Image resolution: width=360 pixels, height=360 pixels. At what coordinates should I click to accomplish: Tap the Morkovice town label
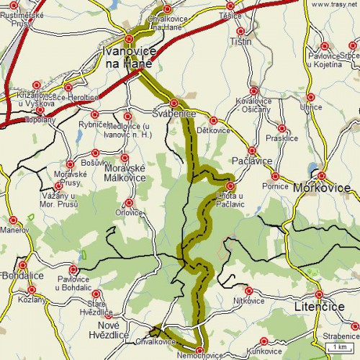(x=322, y=188)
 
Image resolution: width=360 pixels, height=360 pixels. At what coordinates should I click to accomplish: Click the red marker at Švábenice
(x=174, y=102)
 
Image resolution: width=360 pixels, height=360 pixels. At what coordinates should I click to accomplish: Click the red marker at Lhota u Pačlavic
(x=230, y=185)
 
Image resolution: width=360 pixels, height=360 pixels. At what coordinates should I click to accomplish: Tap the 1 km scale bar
(x=338, y=348)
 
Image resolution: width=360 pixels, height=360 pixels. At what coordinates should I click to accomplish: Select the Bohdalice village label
(x=22, y=276)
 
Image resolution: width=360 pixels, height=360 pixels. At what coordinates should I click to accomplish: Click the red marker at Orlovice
(x=129, y=202)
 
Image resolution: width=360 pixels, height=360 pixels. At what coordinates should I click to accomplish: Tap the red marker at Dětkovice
(x=212, y=120)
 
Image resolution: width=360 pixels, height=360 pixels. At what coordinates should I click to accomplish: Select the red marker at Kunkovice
(x=264, y=341)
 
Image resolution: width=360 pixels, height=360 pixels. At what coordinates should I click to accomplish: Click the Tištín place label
(x=240, y=41)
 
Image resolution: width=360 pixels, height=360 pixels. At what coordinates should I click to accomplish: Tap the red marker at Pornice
(x=274, y=176)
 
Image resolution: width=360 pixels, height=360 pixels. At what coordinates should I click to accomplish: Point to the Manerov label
(x=13, y=230)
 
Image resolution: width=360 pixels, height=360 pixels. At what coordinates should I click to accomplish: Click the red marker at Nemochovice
(x=199, y=351)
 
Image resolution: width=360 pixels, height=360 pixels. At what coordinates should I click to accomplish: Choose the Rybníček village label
(x=94, y=124)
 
